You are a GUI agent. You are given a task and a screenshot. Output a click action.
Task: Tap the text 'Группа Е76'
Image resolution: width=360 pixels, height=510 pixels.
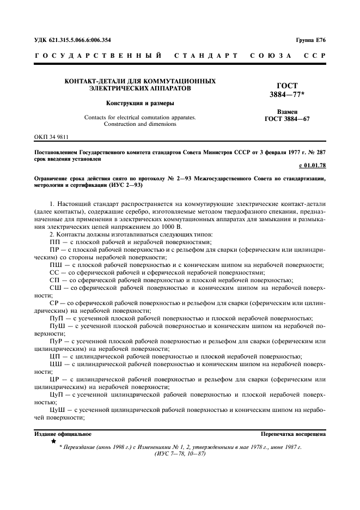[x=310, y=39]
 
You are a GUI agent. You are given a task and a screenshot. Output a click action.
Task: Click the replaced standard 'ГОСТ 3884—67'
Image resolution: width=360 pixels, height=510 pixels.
[x=287, y=119]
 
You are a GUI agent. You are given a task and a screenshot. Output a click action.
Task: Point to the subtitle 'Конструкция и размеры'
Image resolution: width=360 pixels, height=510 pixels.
[x=140, y=102]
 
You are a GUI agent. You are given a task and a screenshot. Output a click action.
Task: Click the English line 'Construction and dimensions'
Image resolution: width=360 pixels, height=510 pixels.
[x=140, y=124]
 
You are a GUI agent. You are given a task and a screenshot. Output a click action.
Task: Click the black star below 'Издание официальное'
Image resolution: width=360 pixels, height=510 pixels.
[x=53, y=441]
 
